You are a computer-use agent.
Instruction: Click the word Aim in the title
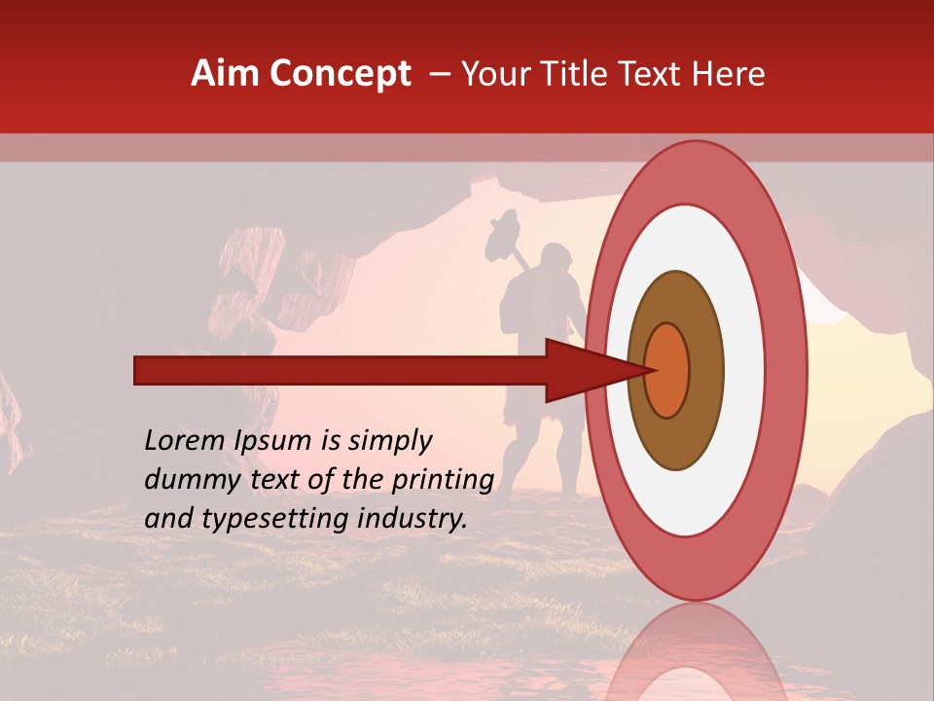pos(227,74)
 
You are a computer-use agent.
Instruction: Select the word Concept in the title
pos(340,74)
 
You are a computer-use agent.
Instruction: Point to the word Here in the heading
pos(729,74)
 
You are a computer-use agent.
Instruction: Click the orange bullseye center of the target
pos(667,370)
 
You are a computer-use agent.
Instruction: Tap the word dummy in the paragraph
pos(186,480)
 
